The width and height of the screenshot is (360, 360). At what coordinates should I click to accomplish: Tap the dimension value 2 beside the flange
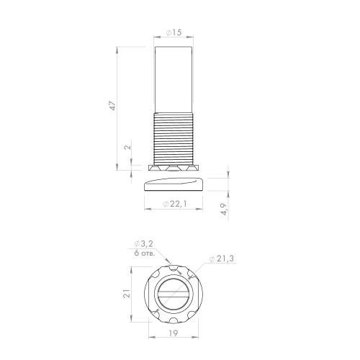127,148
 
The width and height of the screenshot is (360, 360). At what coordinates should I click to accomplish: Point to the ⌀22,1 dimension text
176,204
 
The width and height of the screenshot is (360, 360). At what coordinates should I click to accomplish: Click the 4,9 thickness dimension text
224,210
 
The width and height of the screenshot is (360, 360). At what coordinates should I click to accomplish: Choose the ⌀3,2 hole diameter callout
145,244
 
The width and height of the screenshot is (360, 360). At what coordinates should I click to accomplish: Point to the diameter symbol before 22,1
166,204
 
